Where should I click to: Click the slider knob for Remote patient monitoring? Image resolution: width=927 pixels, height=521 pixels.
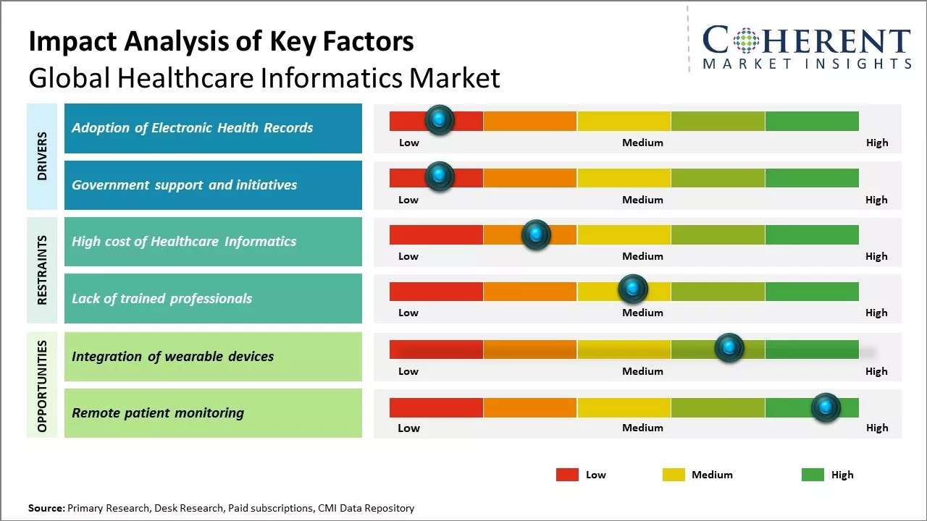pos(825,408)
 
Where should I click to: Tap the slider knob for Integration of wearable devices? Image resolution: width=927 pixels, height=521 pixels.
pos(729,348)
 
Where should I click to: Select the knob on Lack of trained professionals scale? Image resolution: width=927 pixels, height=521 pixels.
pos(633,289)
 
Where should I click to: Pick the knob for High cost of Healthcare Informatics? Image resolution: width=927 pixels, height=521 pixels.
pos(536,234)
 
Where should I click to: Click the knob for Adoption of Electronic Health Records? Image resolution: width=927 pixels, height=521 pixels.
pos(440,120)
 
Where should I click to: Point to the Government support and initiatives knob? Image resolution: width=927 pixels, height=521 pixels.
pos(439,177)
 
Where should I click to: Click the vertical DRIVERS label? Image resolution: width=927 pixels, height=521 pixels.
pos(42,156)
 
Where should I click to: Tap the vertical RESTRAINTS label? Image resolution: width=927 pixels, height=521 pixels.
pos(42,270)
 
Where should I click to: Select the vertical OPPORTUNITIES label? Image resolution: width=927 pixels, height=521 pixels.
pos(42,386)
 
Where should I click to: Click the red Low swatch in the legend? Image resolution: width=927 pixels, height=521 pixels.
pos(567,475)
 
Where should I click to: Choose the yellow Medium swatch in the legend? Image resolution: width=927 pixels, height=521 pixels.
pos(674,475)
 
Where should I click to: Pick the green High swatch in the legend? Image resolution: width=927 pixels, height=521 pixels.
pos(813,475)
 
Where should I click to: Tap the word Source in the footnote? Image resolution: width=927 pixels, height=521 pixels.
pos(46,508)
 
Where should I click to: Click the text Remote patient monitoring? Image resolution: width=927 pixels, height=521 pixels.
pos(158,413)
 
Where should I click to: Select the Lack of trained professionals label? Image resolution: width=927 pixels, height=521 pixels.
pos(162,299)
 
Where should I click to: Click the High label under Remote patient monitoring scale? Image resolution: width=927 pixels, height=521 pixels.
pos(876,428)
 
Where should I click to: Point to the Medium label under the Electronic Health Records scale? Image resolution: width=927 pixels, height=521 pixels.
pos(642,143)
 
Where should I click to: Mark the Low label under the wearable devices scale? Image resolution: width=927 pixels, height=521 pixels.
pos(408,371)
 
